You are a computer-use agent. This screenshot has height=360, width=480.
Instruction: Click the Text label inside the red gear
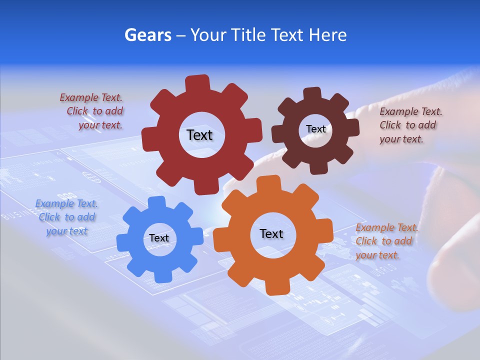[x=199, y=135]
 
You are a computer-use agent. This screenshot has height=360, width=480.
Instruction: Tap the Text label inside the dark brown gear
[x=315, y=129]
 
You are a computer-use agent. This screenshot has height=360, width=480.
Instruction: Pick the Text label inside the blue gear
[x=159, y=238]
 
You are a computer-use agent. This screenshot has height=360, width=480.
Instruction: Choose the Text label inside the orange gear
[x=271, y=234]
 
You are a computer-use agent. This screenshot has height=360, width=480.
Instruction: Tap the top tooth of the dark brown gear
[x=312, y=93]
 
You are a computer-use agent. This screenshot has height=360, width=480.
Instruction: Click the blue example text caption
[x=66, y=217]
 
